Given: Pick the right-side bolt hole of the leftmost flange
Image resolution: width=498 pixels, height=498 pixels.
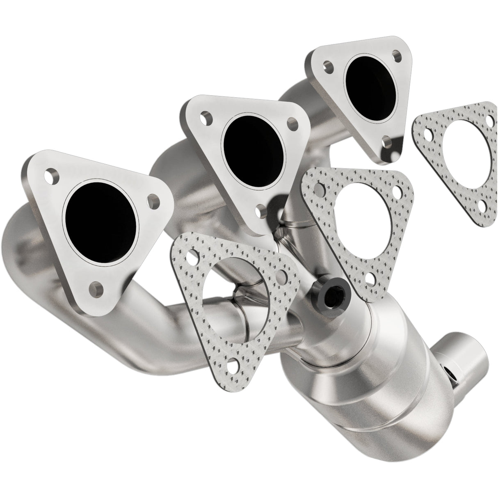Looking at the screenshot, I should coord(154,201).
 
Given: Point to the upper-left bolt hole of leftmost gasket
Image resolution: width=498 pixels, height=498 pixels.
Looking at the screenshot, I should coord(191,255).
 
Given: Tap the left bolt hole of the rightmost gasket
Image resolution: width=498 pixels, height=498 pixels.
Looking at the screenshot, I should coord(427,134).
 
